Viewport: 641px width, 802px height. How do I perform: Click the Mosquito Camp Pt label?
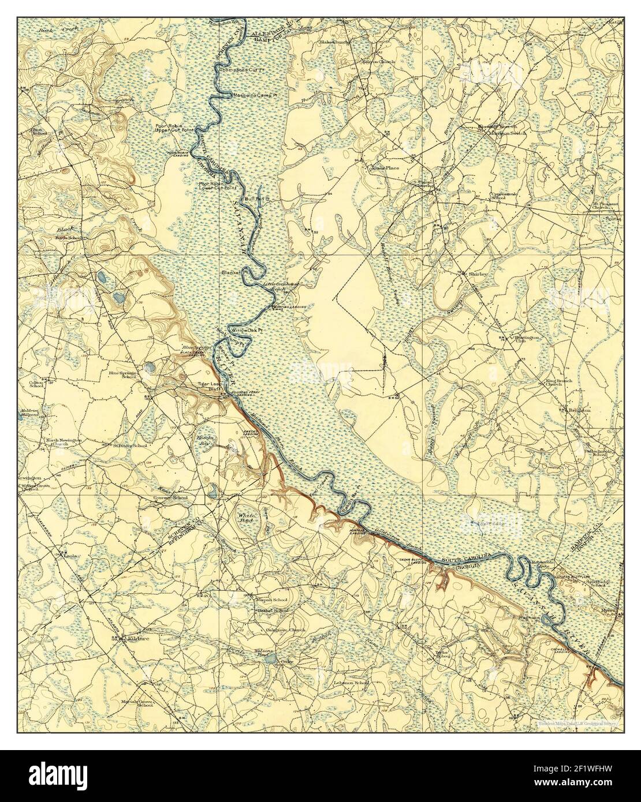[x=255, y=95]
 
